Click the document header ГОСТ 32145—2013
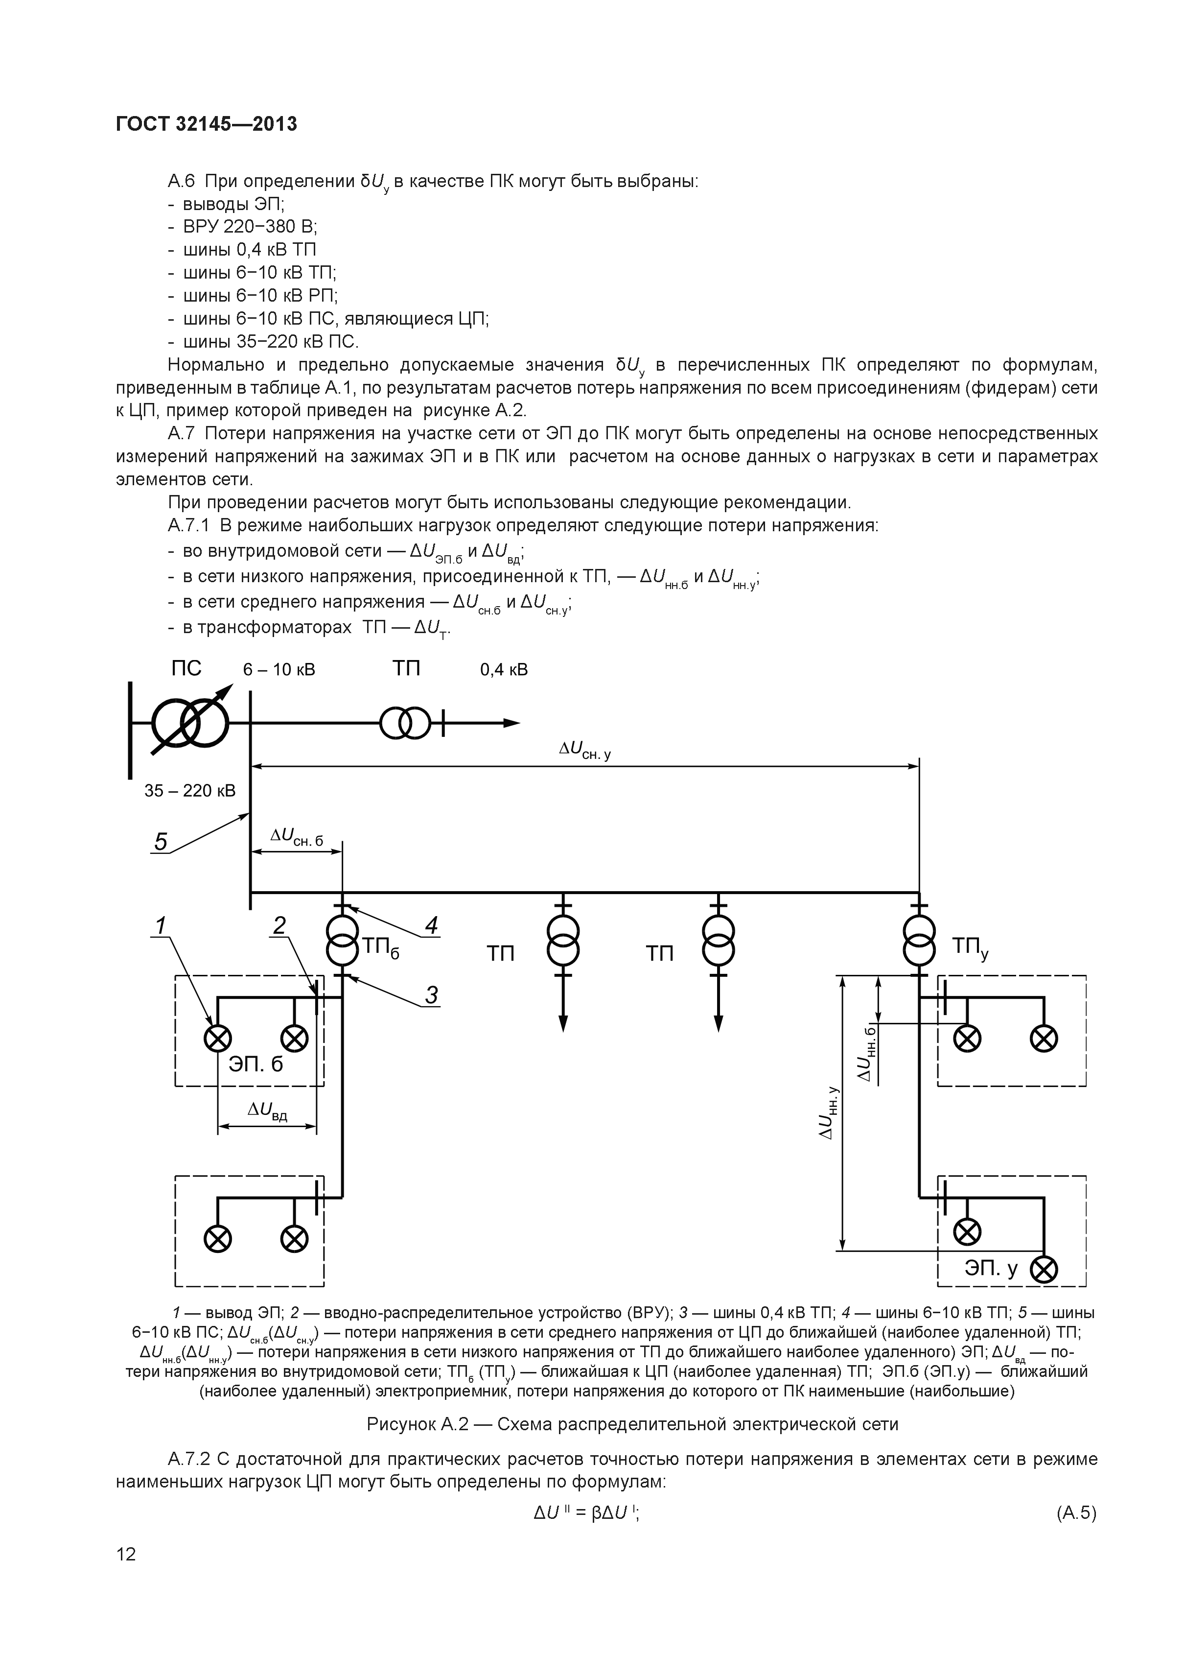[x=207, y=125]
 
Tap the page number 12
[x=126, y=1574]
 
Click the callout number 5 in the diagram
[x=161, y=842]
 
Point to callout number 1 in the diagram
[x=159, y=925]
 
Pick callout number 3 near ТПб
[x=432, y=995]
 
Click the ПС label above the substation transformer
[x=186, y=668]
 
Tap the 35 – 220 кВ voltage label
[x=190, y=790]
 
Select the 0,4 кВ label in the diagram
[x=504, y=670]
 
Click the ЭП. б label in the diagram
[x=256, y=1064]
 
